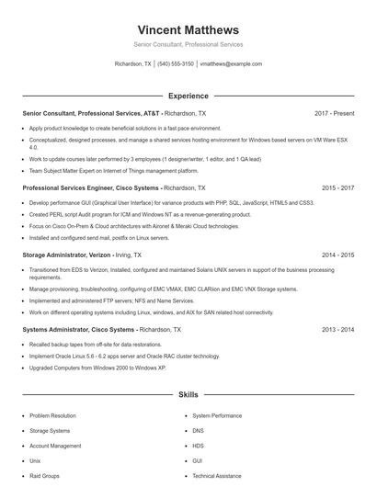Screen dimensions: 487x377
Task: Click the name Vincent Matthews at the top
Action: pyautogui.click(x=188, y=29)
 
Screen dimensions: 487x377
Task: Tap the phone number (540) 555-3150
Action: pyautogui.click(x=175, y=64)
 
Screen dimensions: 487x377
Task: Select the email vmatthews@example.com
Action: pyautogui.click(x=231, y=64)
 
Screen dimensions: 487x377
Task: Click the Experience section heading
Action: pyautogui.click(x=188, y=95)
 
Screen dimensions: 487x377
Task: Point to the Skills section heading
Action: pyautogui.click(x=188, y=394)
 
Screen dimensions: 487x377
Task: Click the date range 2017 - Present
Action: pyautogui.click(x=334, y=113)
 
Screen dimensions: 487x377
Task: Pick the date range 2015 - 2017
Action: pyautogui.click(x=336, y=187)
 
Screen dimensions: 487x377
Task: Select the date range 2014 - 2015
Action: pyautogui.click(x=336, y=255)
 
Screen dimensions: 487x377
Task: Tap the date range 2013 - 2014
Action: pyautogui.click(x=336, y=329)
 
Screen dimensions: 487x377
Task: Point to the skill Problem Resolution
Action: pyautogui.click(x=52, y=415)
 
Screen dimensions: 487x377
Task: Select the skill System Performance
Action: pyautogui.click(x=217, y=415)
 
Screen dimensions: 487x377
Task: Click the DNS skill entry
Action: pyautogui.click(x=198, y=430)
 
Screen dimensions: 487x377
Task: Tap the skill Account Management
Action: pyautogui.click(x=55, y=446)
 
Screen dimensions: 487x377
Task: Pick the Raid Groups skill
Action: pyautogui.click(x=44, y=476)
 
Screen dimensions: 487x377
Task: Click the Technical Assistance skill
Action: pyautogui.click(x=217, y=476)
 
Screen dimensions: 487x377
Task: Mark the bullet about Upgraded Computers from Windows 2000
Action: pyautogui.click(x=97, y=368)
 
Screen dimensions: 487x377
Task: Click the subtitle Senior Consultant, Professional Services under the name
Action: pyautogui.click(x=188, y=44)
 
